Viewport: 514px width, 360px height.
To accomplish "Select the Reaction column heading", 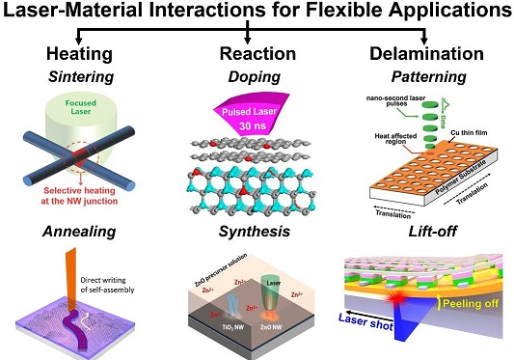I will tap(248, 49).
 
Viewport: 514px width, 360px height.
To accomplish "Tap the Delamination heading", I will tap(412, 49).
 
